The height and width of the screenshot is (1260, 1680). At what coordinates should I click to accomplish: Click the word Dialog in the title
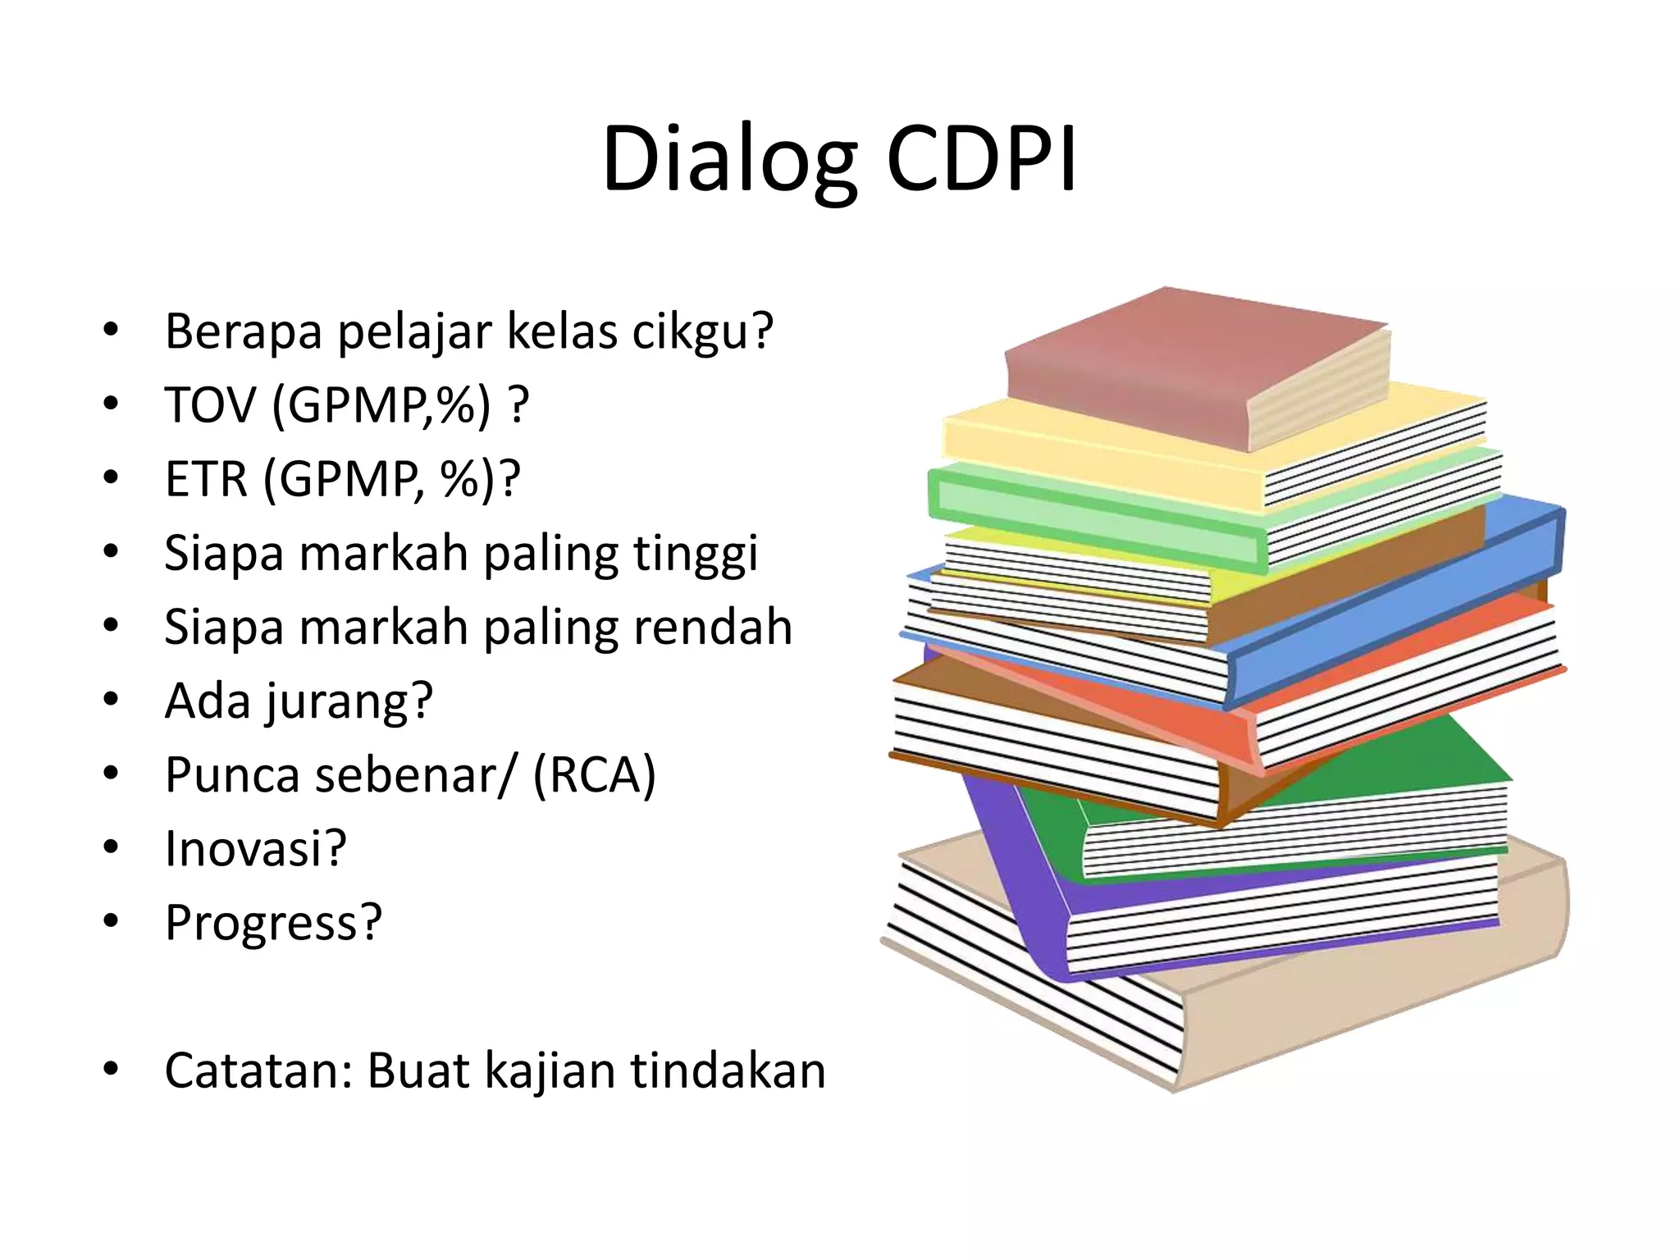click(x=729, y=160)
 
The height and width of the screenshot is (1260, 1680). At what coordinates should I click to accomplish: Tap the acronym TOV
click(x=210, y=405)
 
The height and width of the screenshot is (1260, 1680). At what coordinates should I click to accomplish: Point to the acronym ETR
click(x=206, y=479)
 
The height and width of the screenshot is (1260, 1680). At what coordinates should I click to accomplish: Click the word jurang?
click(x=349, y=702)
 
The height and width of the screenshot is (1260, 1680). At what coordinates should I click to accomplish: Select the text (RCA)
click(x=594, y=775)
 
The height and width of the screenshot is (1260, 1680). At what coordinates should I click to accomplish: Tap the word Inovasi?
click(x=255, y=849)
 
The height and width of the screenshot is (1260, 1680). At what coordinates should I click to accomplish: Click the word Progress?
click(x=273, y=924)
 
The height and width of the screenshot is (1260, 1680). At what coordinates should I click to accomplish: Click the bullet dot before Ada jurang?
click(x=111, y=700)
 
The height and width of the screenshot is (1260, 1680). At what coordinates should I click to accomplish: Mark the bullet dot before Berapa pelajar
click(x=111, y=331)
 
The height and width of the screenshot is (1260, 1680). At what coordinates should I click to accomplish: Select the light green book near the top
click(x=1091, y=509)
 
